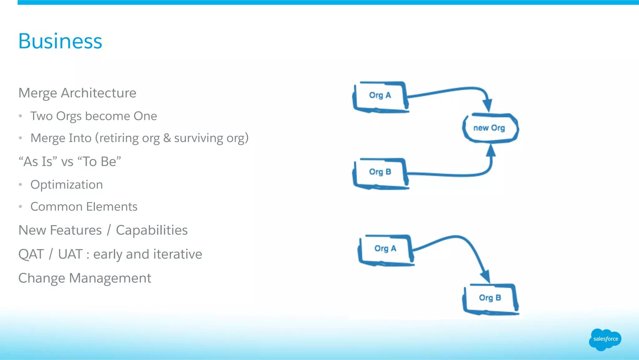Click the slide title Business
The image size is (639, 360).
[x=60, y=41]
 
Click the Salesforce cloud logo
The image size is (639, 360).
[x=605, y=339]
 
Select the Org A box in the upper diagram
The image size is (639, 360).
[x=380, y=96]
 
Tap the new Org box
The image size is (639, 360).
[x=490, y=128]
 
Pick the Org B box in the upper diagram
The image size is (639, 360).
[x=380, y=172]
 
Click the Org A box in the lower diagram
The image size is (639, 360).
[x=385, y=249]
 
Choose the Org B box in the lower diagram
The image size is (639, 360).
[x=490, y=298]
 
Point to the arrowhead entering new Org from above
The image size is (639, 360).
[x=487, y=105]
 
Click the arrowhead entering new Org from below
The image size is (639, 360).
[x=491, y=151]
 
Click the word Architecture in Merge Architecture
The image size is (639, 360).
[x=98, y=93]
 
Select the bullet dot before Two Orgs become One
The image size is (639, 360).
[x=21, y=116]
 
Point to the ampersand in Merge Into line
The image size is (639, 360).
[x=167, y=138]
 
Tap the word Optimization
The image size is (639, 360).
[x=66, y=185]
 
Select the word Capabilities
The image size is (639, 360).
[x=152, y=230]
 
